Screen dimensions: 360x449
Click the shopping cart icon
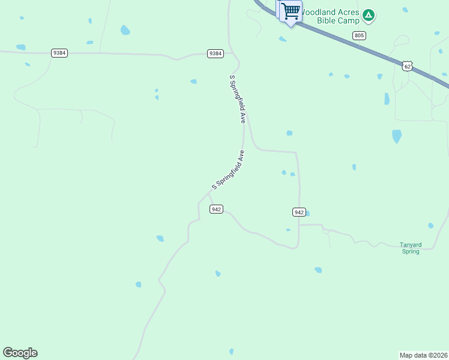point(291,11)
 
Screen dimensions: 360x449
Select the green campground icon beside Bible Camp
point(369,15)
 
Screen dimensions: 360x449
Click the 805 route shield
point(359,35)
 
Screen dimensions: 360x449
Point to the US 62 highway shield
point(408,65)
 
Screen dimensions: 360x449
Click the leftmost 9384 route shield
point(59,53)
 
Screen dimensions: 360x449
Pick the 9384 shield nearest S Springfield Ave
point(215,53)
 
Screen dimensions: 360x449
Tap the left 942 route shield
point(217,209)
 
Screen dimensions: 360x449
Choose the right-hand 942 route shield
point(300,212)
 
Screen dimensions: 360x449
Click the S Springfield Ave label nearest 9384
point(238,99)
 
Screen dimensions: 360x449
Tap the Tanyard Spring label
point(410,248)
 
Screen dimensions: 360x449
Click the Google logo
point(20,353)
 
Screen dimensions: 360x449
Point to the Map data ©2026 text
point(423,355)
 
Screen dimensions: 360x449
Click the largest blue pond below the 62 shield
point(397,136)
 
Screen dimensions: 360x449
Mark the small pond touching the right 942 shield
point(307,213)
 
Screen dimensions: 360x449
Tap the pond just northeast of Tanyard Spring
point(430,226)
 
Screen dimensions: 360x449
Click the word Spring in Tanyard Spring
point(411,251)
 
